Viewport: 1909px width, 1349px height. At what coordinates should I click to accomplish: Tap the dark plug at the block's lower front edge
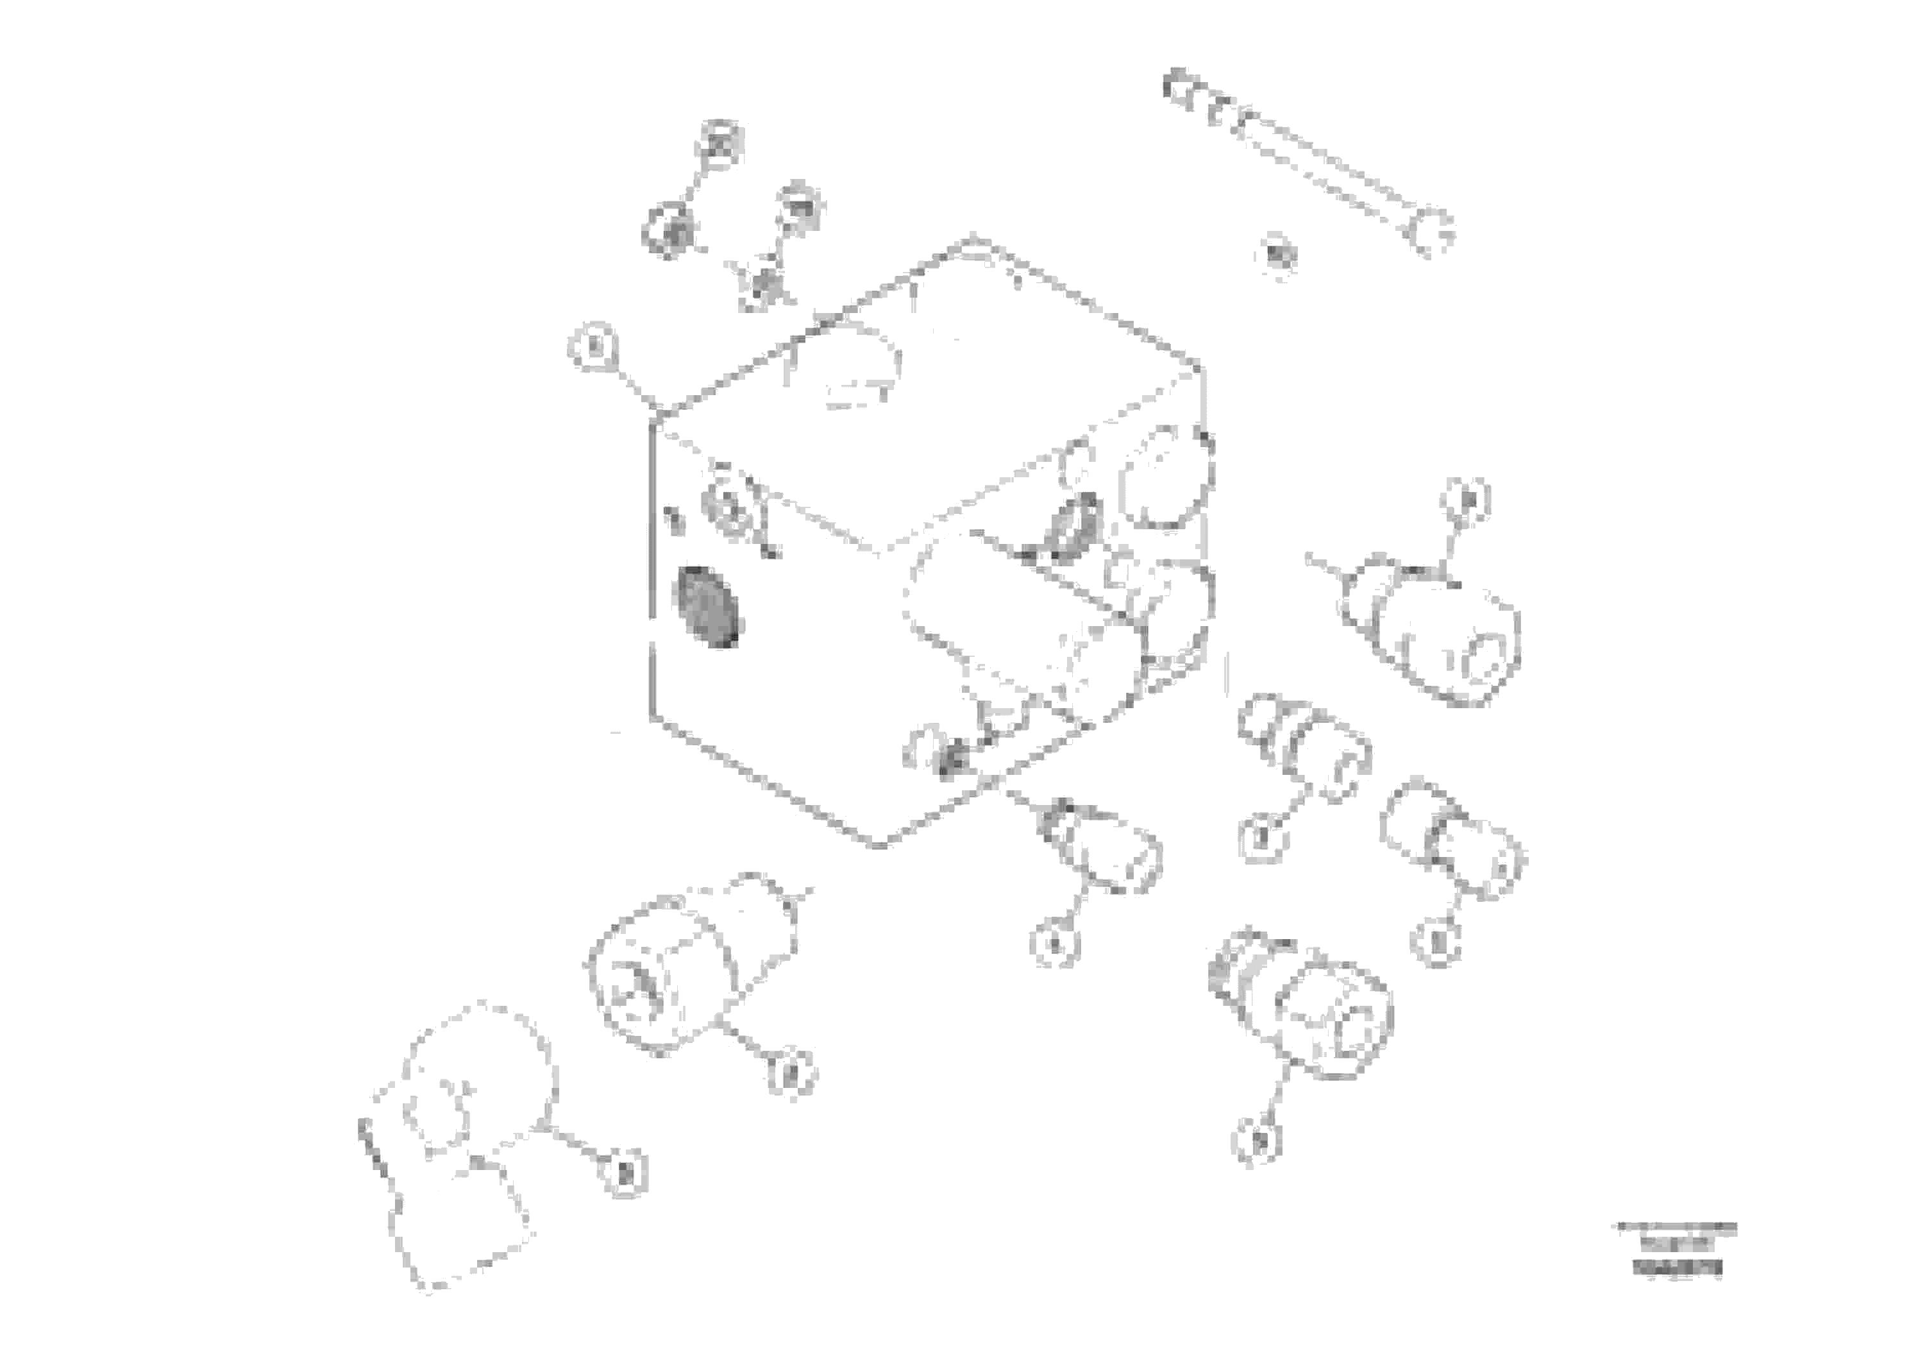point(950,758)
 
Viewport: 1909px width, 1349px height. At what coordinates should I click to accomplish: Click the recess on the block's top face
point(844,366)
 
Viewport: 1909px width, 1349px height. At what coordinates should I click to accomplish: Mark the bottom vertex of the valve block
point(880,845)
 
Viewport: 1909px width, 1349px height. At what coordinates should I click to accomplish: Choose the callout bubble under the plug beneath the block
point(1054,943)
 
